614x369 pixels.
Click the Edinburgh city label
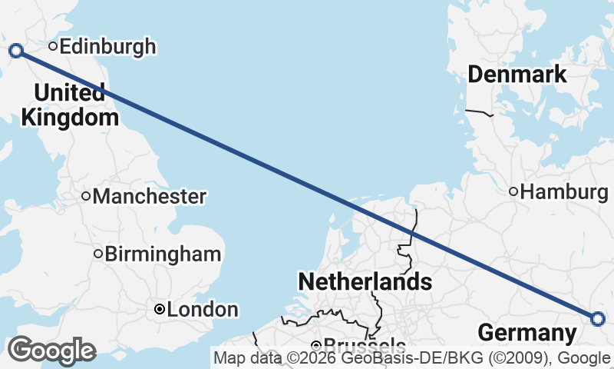click(x=107, y=47)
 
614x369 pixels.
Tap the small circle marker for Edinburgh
click(x=53, y=46)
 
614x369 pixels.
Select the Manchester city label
click(x=149, y=197)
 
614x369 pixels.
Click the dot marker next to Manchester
click(x=86, y=196)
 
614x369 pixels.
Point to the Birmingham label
click(x=163, y=254)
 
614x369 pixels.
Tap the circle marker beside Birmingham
click(x=98, y=254)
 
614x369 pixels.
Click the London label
click(x=202, y=310)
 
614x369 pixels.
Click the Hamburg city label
click(x=563, y=191)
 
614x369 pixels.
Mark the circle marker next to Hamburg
click(x=513, y=191)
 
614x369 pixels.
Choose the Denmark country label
click(x=517, y=75)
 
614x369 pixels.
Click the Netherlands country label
click(x=365, y=281)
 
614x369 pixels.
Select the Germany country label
click(x=527, y=333)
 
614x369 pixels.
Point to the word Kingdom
click(x=70, y=118)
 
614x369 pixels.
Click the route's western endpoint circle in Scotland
click(x=16, y=51)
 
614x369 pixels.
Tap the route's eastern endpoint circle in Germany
click(x=598, y=318)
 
